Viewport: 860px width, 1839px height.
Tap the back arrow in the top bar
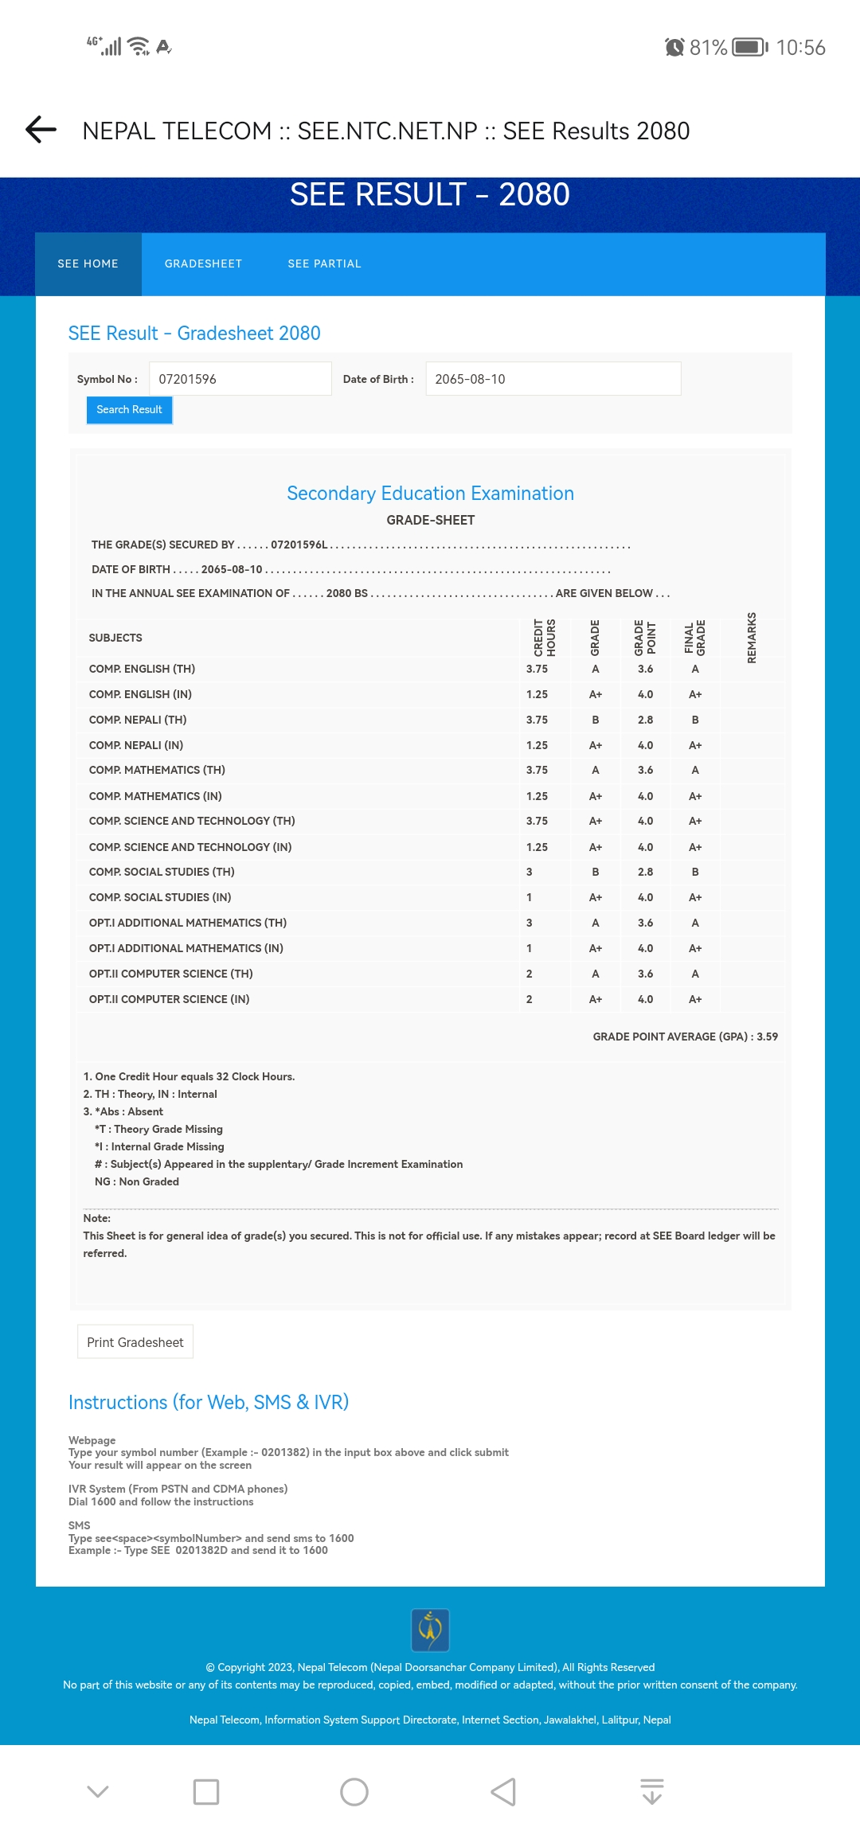point(41,129)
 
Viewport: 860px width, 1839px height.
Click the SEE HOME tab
point(88,264)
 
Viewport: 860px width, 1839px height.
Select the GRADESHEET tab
point(203,264)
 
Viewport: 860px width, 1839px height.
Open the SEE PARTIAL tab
point(324,264)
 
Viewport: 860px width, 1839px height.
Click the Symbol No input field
point(240,379)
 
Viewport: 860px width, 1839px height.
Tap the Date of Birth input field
point(553,379)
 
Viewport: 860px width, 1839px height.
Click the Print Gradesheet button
point(135,1342)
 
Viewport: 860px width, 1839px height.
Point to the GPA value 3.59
point(767,1037)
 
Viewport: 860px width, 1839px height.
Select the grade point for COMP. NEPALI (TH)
point(645,720)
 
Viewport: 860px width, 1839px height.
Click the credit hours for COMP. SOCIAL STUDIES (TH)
point(530,872)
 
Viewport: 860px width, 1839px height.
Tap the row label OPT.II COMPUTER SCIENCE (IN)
point(170,999)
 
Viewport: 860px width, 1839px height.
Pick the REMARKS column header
point(752,638)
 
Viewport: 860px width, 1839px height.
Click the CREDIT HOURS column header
point(545,638)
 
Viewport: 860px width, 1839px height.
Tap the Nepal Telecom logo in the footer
point(430,1630)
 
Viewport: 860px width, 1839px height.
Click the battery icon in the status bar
point(749,47)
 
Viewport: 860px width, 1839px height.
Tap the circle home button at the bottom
point(354,1792)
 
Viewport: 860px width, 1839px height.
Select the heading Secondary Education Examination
point(430,494)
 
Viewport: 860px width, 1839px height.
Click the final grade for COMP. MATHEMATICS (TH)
point(695,770)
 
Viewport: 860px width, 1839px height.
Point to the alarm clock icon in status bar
point(674,47)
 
